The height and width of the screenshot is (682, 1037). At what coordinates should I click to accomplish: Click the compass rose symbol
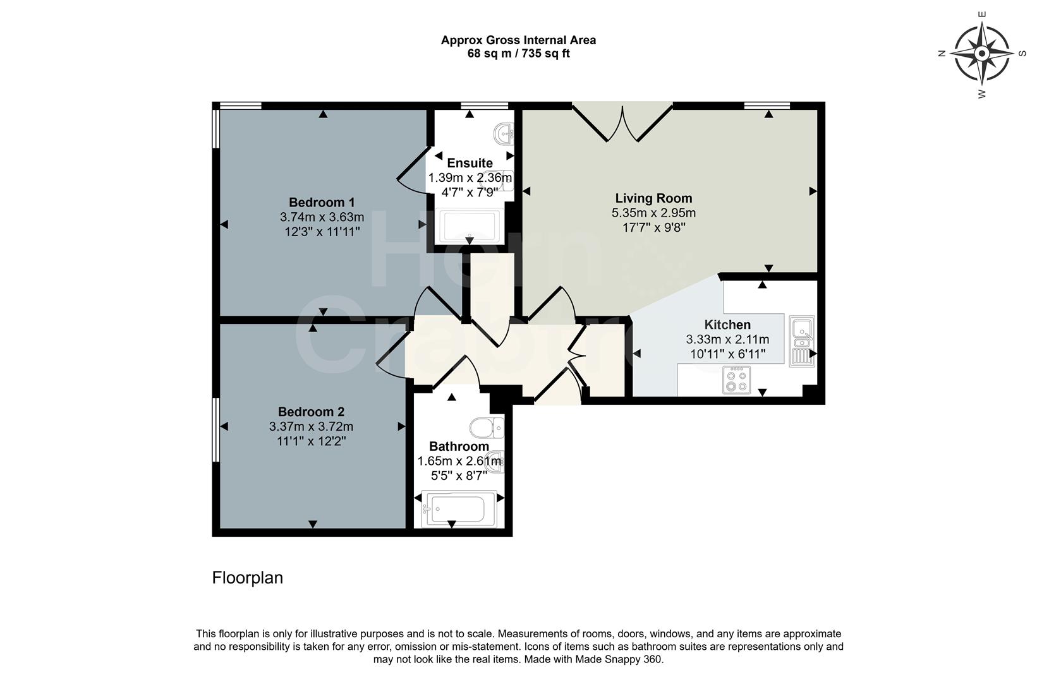pos(981,54)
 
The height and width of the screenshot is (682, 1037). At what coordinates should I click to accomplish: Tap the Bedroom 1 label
pos(322,203)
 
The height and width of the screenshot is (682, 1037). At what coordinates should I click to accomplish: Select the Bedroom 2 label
pos(311,412)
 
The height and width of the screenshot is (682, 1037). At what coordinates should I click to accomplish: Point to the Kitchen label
pos(727,325)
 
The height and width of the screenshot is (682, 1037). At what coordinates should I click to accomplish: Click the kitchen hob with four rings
pos(737,380)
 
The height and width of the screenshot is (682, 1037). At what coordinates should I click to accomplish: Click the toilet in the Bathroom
pos(488,428)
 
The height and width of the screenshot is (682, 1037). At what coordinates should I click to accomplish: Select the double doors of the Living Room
pos(622,123)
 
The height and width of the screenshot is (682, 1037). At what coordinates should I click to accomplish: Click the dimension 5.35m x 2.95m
pos(653,213)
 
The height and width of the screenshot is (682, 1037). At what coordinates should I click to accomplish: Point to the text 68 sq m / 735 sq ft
pos(518,54)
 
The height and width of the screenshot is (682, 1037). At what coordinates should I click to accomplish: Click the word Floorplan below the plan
pos(247,578)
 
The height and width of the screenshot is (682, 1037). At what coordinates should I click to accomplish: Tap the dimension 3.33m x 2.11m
pos(727,340)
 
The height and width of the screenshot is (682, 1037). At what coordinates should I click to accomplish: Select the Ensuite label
pos(470,164)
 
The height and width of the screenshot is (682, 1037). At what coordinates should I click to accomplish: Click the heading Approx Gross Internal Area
pos(518,40)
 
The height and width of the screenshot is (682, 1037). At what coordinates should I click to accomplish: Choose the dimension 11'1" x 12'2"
pos(311,441)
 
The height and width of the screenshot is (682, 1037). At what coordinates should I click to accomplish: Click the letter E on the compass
pos(981,14)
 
